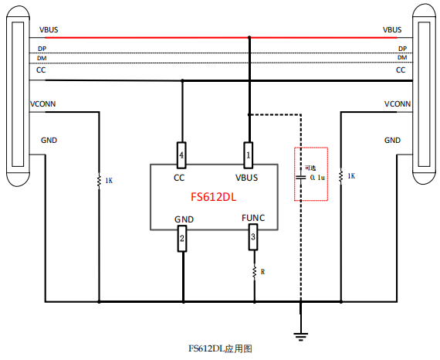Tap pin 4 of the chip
point(182,154)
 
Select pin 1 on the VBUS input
point(249,154)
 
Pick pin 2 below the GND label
point(182,240)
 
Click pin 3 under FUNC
point(252,240)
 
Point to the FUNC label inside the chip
point(252,219)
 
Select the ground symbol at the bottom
point(301,333)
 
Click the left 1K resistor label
point(109,181)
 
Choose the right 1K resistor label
point(351,176)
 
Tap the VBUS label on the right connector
point(391,30)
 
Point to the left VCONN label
point(42,104)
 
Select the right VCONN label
point(397,104)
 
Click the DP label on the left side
point(42,48)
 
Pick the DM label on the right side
point(402,58)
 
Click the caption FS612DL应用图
point(220,349)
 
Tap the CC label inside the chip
point(179,177)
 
